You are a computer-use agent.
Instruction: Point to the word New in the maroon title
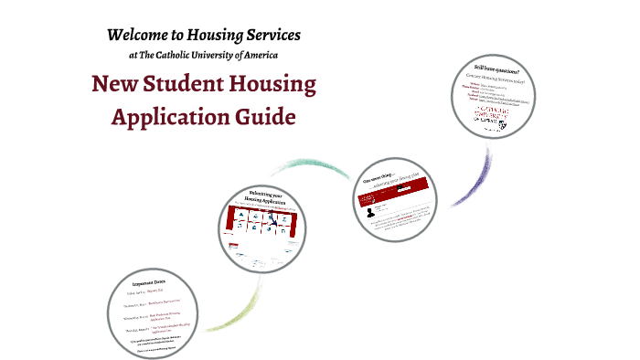click(x=112, y=86)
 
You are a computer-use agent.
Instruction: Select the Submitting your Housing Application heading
click(x=261, y=200)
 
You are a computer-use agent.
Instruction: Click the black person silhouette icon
click(x=368, y=213)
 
